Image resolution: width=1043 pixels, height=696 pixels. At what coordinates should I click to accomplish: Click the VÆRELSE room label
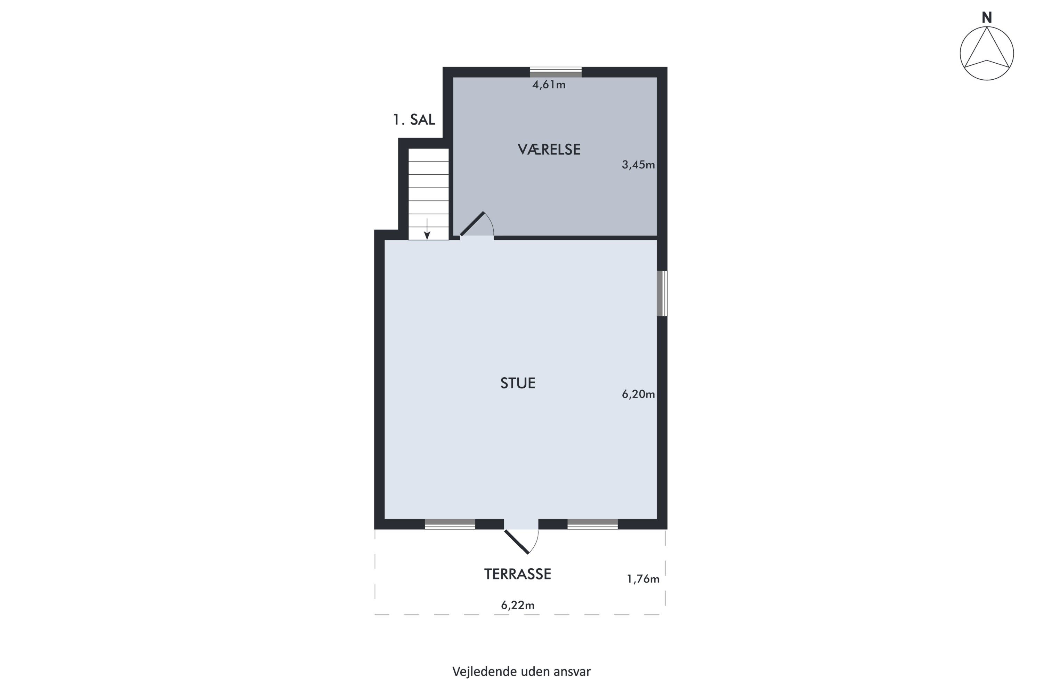(x=549, y=149)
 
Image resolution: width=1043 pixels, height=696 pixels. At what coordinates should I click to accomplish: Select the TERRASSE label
(x=518, y=574)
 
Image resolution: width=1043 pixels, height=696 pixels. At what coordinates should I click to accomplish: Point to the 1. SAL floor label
(x=414, y=119)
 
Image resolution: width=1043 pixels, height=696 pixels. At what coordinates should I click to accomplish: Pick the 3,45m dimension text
(x=638, y=165)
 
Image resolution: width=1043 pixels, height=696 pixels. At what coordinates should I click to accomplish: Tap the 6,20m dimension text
(x=638, y=394)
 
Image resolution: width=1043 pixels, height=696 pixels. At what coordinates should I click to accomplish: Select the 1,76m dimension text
(x=643, y=579)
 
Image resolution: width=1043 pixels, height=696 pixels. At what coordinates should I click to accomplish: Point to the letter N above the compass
(x=987, y=18)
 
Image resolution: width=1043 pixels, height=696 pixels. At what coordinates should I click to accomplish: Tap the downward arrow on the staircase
(x=427, y=229)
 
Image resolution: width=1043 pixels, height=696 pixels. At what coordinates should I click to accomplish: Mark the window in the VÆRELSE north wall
(x=556, y=72)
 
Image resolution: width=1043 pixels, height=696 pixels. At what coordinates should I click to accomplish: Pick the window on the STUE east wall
(x=662, y=293)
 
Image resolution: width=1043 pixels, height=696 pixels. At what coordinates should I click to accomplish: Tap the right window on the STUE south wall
(x=592, y=524)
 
